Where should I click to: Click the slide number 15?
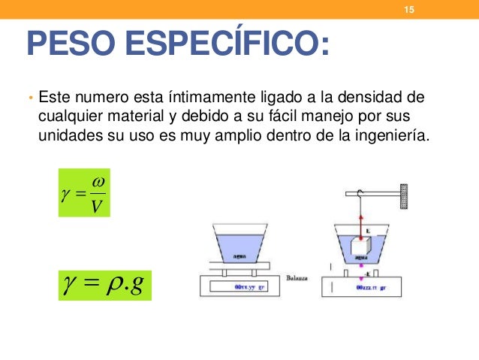pos(409,10)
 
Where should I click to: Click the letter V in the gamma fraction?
pos(96,204)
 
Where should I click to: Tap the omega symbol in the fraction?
pos(96,183)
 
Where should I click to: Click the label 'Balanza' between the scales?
pos(299,277)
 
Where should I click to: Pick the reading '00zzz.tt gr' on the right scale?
pos(372,287)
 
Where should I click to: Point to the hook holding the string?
pos(360,192)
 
